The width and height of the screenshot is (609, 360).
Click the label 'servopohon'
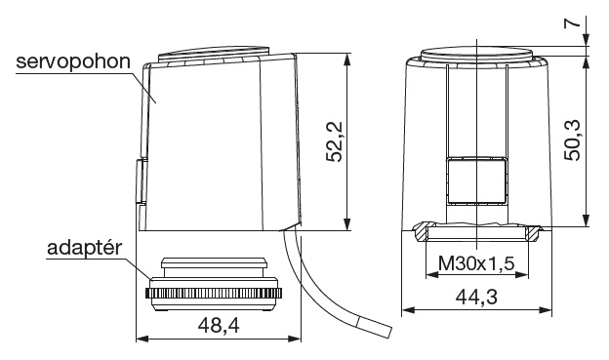click(73, 62)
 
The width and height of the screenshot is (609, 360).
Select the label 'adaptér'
click(85, 248)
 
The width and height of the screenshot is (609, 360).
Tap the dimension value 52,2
click(334, 141)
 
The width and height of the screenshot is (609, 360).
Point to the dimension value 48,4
click(219, 325)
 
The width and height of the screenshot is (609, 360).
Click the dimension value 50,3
click(572, 140)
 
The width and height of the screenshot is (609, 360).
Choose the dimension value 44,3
click(476, 298)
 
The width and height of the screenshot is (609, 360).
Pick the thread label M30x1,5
click(476, 263)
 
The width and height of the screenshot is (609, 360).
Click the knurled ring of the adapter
click(214, 294)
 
